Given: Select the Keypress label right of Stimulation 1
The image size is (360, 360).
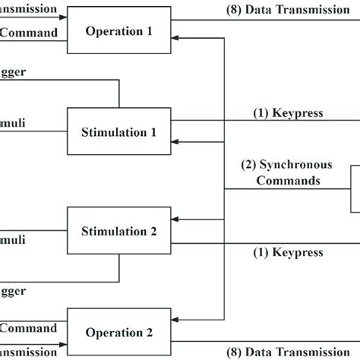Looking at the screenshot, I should tap(288, 113).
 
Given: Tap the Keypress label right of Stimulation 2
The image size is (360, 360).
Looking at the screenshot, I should tap(288, 251).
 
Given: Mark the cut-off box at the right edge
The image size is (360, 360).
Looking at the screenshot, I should tap(355, 188).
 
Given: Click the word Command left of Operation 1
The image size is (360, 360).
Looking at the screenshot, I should tap(28, 33).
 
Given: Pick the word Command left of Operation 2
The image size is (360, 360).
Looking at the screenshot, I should tap(28, 328).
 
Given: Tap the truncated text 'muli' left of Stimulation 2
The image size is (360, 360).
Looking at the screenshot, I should tap(13, 239).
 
